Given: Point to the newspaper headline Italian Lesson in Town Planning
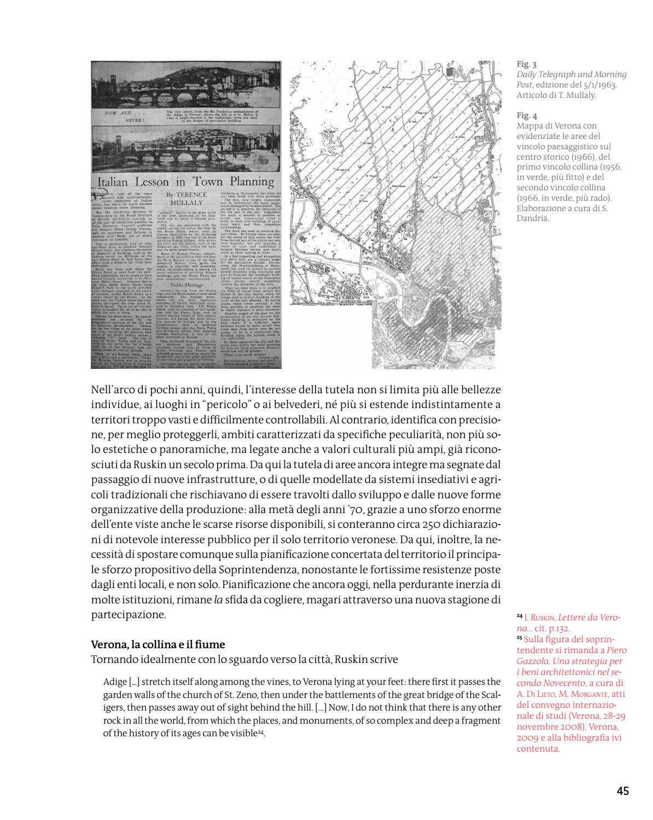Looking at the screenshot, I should point(185,182).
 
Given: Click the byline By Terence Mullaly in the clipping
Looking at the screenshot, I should point(187,199).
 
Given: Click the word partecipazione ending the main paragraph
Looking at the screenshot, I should point(127,614).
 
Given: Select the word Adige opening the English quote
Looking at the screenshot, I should point(114,682).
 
